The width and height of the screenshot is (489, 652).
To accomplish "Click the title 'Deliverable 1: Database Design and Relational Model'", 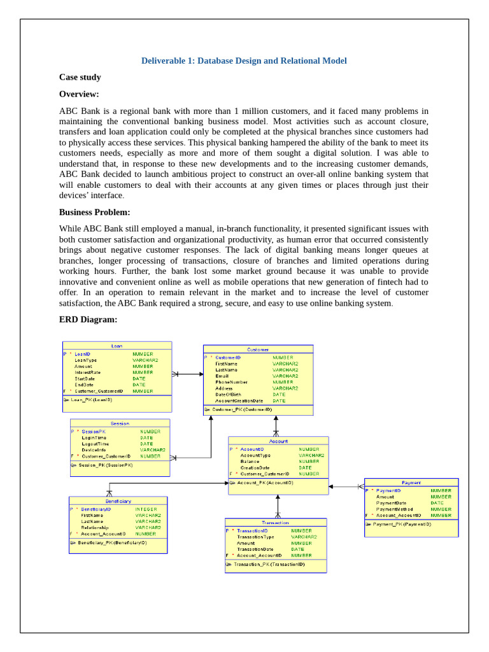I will (x=244, y=61).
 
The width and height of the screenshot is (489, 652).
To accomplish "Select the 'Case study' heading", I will (x=80, y=77).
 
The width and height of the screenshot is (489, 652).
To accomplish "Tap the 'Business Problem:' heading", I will (x=94, y=212).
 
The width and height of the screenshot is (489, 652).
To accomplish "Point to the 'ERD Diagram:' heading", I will (x=89, y=319).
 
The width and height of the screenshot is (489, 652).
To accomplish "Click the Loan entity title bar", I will (x=117, y=346).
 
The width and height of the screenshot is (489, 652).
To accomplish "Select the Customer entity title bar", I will (x=258, y=349).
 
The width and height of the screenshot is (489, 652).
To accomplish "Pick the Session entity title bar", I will (x=120, y=423).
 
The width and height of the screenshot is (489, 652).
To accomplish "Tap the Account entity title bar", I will (x=278, y=441).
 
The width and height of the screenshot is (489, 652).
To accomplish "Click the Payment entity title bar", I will (x=411, y=483).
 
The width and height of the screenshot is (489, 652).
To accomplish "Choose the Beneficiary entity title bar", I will (x=118, y=501).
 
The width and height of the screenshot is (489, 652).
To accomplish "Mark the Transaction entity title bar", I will (x=275, y=522).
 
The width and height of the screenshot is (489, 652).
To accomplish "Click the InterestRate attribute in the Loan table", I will (x=88, y=372).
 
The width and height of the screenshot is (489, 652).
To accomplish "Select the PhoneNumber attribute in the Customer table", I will (x=232, y=382).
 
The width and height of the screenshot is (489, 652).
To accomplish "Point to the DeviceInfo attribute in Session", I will (x=94, y=450).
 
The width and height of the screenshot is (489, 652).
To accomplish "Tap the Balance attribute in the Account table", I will (x=250, y=462).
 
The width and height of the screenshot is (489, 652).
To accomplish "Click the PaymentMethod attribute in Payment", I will (x=394, y=509).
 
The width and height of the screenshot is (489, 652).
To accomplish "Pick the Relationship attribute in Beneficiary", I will (x=95, y=528).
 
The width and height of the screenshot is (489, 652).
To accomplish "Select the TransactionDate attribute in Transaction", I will (x=255, y=549).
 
